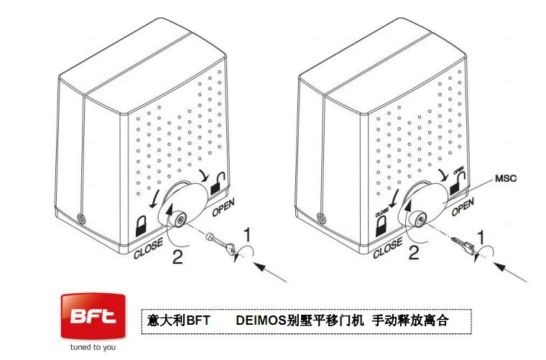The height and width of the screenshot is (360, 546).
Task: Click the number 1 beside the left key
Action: pyautogui.click(x=246, y=235)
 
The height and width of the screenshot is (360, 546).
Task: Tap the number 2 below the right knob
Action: pyautogui.click(x=413, y=252)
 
